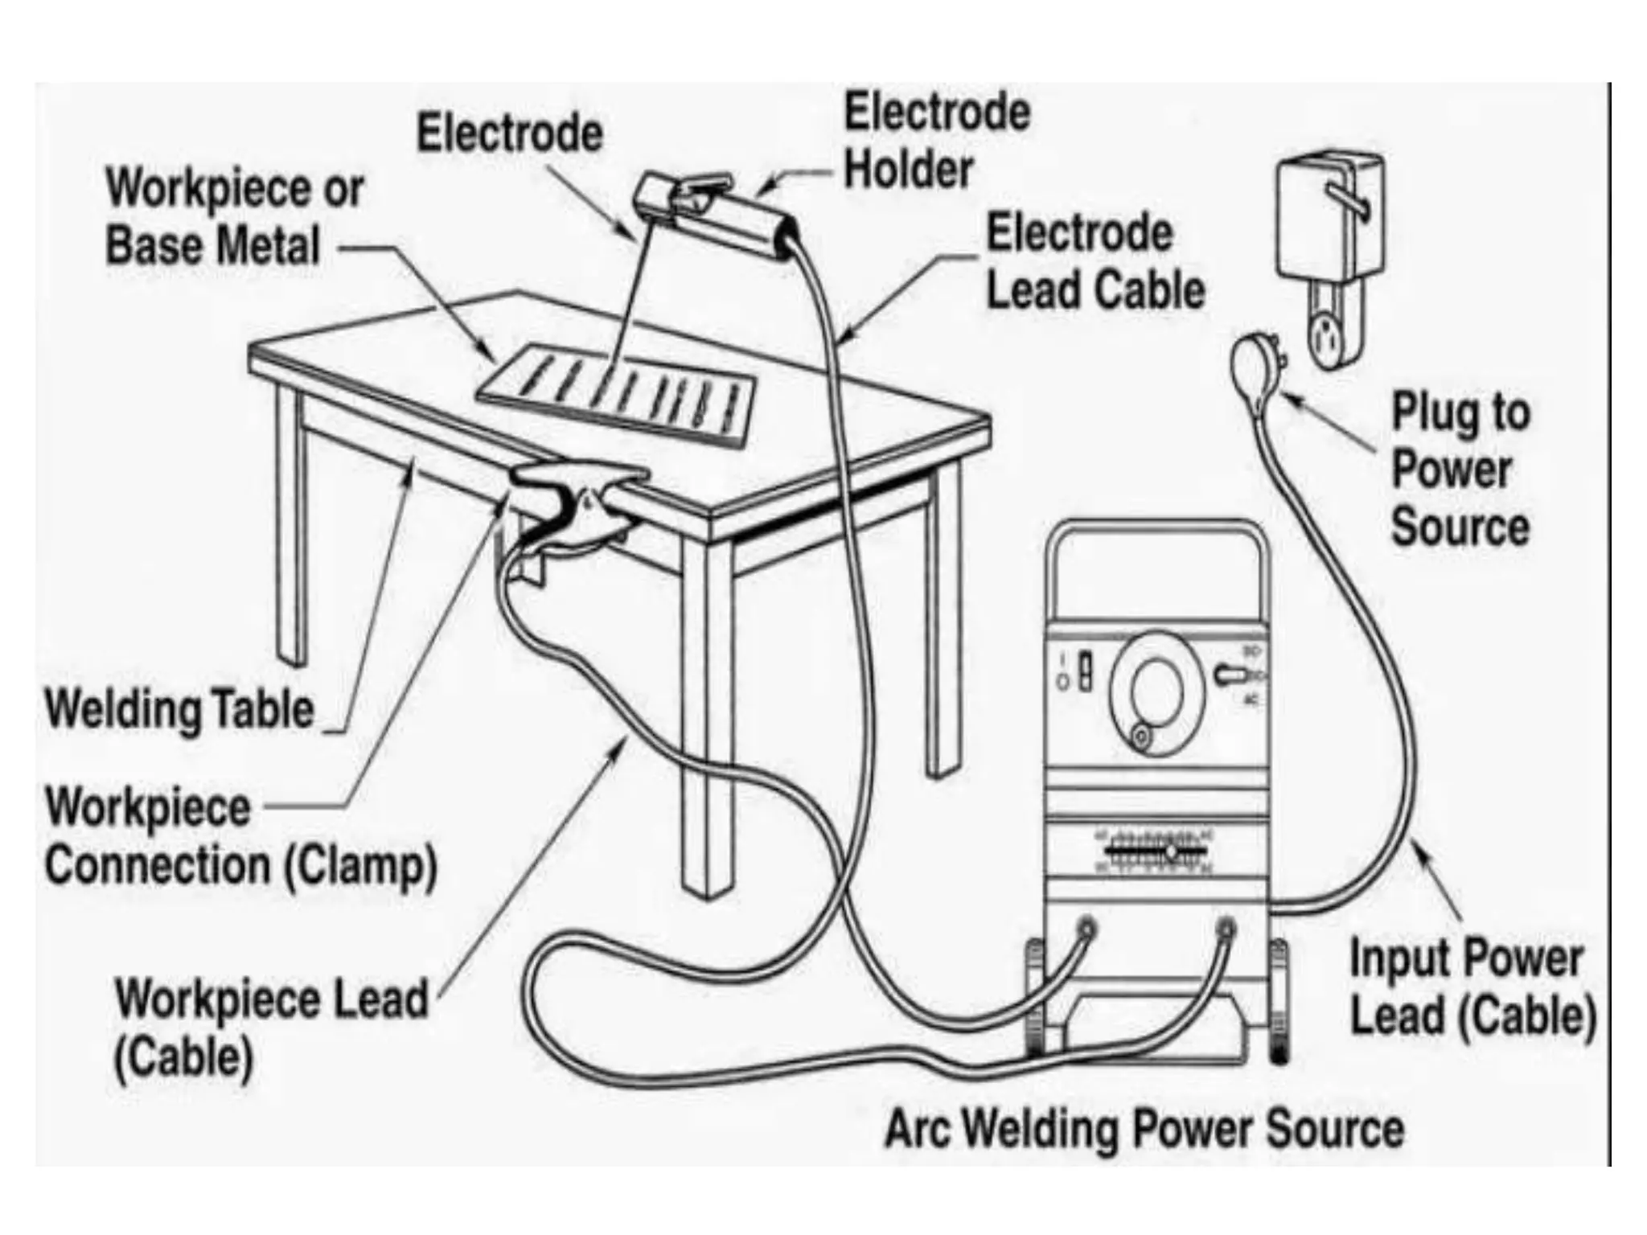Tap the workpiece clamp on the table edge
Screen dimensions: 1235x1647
[x=575, y=507]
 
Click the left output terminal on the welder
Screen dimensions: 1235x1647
[x=1087, y=929]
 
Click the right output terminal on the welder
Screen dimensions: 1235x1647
[x=1226, y=929]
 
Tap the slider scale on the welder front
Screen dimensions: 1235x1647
[x=1156, y=851]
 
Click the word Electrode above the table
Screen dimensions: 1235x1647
[x=509, y=133]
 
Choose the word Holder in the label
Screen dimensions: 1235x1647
[x=909, y=170]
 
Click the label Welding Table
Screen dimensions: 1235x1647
[x=179, y=709]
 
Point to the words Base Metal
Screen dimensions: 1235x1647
[x=213, y=245]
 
